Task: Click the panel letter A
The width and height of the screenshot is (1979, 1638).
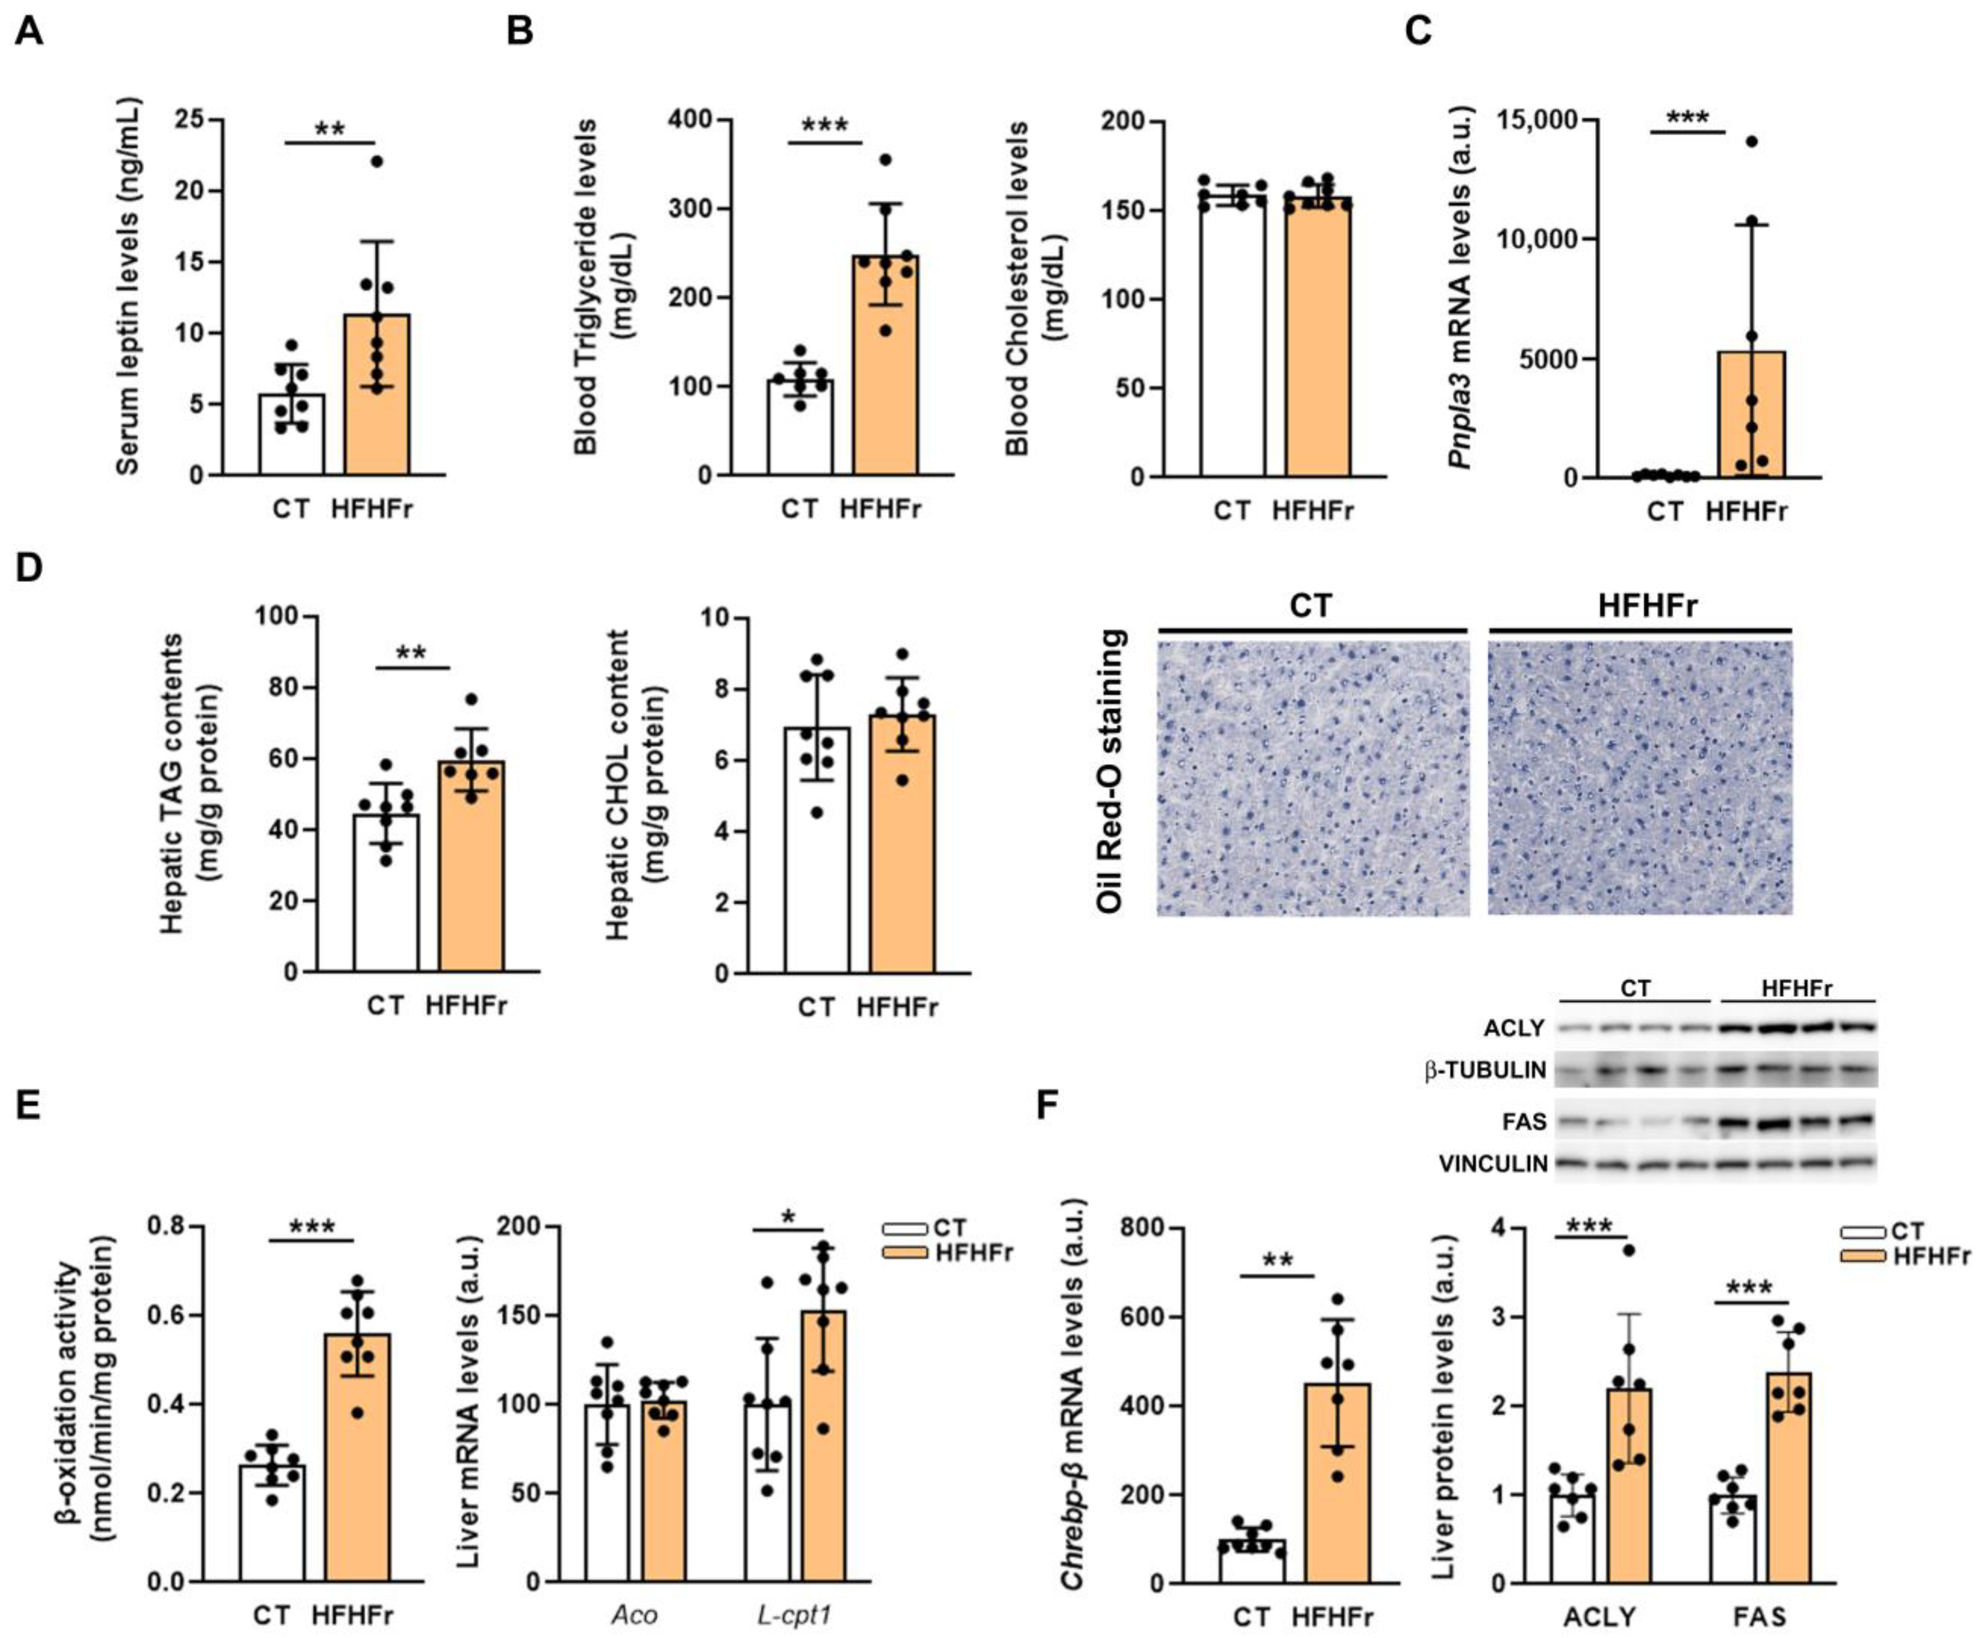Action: coord(28,31)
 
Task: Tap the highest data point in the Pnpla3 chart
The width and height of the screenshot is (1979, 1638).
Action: coord(1751,141)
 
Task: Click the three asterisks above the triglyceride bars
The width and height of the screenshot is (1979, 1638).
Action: coord(825,125)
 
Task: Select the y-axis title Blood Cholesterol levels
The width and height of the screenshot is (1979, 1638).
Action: coord(1018,288)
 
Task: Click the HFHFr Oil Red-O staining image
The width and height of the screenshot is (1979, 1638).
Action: coord(1639,777)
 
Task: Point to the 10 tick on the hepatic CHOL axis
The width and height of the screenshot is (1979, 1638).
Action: coord(718,617)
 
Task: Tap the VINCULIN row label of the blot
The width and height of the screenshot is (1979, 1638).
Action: coord(1493,1164)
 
